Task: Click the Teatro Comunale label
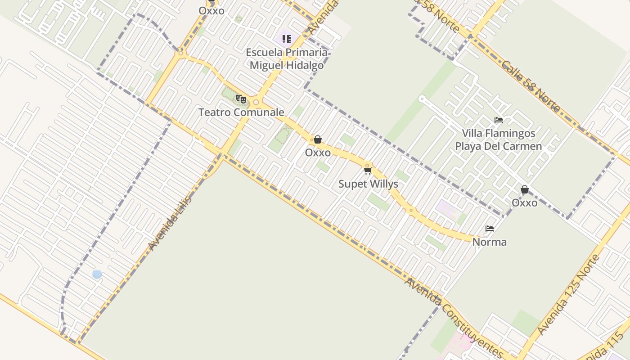pos(241,112)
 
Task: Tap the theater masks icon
pos(241,99)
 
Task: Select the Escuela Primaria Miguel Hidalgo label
pos(287,59)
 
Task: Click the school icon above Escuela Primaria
pos(287,39)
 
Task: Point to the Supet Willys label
pos(368,184)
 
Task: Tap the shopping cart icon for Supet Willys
pos(368,171)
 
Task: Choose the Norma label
pos(489,242)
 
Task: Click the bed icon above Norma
pos(490,229)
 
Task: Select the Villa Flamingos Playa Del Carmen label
pos(499,140)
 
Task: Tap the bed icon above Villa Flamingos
pos(499,120)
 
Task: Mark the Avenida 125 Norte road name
pos(569,295)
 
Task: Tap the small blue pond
pos(97,274)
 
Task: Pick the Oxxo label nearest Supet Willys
pos(318,153)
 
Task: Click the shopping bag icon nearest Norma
pos(524,190)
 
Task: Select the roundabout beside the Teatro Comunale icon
pos(256,102)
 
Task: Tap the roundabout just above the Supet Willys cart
pos(367,165)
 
